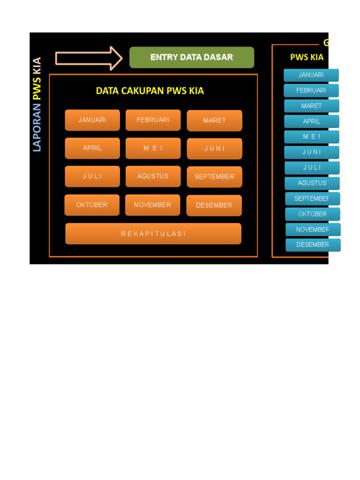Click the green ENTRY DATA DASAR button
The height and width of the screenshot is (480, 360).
tap(192, 58)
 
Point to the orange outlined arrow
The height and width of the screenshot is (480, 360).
tap(89, 58)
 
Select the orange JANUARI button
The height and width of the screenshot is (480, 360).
tap(92, 120)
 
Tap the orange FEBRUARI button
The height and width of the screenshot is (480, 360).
tap(153, 120)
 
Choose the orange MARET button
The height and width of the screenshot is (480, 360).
tap(214, 120)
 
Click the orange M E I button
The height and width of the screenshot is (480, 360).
tap(153, 148)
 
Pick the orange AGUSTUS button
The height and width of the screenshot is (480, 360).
tap(153, 176)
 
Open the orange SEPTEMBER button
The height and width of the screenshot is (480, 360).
tap(214, 177)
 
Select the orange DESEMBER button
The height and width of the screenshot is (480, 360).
tap(214, 205)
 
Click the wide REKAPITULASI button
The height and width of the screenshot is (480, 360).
tap(153, 233)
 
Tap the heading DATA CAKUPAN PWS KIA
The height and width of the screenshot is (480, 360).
tap(150, 91)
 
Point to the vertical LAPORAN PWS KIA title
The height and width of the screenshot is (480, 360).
tap(37, 104)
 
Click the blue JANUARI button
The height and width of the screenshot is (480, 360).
tap(311, 75)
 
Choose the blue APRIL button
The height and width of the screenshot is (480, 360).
tap(311, 121)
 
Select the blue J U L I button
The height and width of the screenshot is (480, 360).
tap(312, 168)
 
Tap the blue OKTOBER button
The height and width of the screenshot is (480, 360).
tap(313, 214)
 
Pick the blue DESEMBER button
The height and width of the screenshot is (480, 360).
tap(313, 245)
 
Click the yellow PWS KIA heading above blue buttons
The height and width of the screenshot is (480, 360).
tap(307, 58)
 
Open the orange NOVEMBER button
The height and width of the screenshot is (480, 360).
tap(152, 205)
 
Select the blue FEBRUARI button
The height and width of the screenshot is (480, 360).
tap(311, 90)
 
